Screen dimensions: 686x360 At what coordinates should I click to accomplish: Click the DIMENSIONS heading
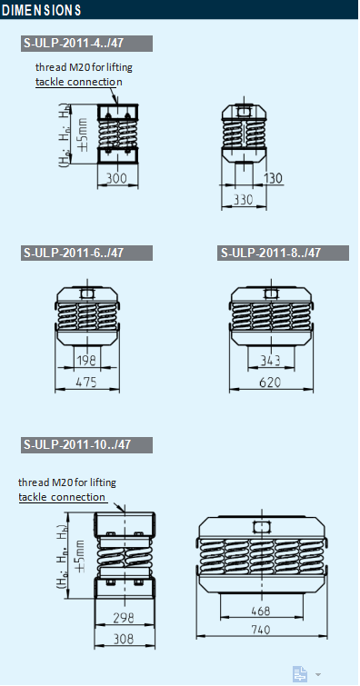click(42, 10)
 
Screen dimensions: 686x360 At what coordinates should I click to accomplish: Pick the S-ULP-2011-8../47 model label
click(271, 253)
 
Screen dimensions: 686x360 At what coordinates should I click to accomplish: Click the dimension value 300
click(115, 178)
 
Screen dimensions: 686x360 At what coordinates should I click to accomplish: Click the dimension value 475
click(87, 383)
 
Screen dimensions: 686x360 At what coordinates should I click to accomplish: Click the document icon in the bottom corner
click(300, 673)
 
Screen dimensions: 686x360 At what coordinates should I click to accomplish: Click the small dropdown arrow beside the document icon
click(317, 674)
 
